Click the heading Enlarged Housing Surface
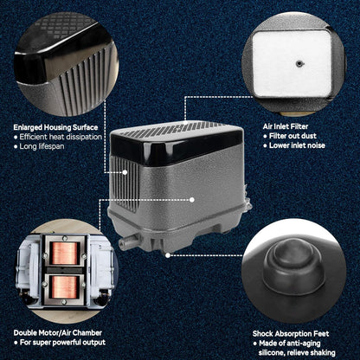tap(55, 127)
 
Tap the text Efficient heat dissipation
tap(61, 137)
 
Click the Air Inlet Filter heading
tap(286, 126)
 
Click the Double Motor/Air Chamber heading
tap(58, 333)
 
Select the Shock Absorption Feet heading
tap(291, 334)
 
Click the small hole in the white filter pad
tap(299, 63)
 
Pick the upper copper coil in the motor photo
tap(65, 253)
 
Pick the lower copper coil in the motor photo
tap(65, 287)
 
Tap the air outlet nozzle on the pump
tap(127, 241)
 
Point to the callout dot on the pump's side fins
tap(125, 172)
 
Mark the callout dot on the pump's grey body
tap(192, 200)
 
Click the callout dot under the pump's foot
tap(168, 255)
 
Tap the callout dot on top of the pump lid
tap(185, 123)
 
